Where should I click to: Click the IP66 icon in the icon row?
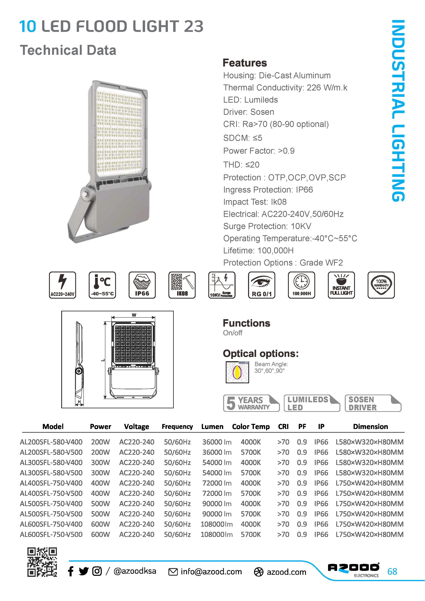pyautogui.click(x=142, y=285)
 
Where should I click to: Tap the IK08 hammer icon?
pyautogui.click(x=182, y=285)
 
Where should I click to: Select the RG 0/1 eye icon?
pyautogui.click(x=261, y=285)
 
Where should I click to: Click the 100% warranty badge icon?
pyautogui.click(x=381, y=285)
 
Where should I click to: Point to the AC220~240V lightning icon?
pyautogui.click(x=63, y=285)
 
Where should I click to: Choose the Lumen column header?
pyautogui.click(x=212, y=427)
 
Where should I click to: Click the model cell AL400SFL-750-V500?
pyautogui.click(x=51, y=493)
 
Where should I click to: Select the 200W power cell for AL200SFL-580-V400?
pyautogui.click(x=101, y=442)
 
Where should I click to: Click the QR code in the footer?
pyautogui.click(x=42, y=562)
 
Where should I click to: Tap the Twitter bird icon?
pyautogui.click(x=84, y=571)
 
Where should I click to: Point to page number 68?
pyautogui.click(x=392, y=571)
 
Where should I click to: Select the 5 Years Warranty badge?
pyautogui.click(x=251, y=403)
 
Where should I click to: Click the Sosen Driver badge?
pyautogui.click(x=373, y=403)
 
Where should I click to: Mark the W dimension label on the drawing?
pyautogui.click(x=134, y=315)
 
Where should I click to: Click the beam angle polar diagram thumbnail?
pyautogui.click(x=237, y=372)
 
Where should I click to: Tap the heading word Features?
pyautogui.click(x=245, y=63)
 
